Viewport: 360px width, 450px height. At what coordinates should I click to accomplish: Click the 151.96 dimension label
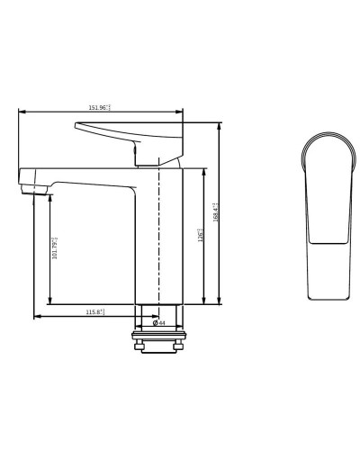[99, 108]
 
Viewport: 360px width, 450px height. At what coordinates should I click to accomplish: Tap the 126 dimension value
[200, 235]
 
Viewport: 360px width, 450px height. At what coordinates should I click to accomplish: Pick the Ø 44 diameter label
[158, 322]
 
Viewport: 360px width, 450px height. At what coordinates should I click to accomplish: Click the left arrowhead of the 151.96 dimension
[22, 112]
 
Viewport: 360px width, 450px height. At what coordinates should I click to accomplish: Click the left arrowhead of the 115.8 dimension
[37, 316]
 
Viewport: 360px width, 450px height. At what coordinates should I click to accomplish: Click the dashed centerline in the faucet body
[158, 243]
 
